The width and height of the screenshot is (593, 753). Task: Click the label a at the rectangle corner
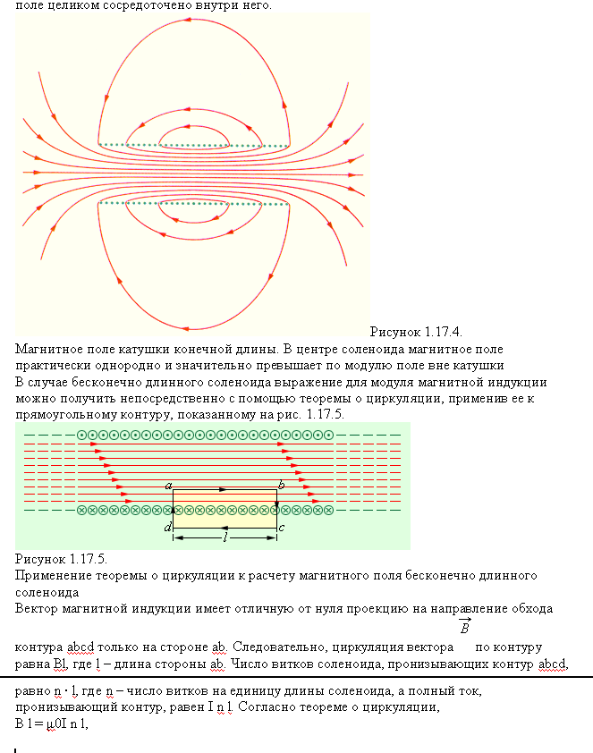[x=168, y=485]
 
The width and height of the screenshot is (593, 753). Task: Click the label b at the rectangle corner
[x=281, y=485]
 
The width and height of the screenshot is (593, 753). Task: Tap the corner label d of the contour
[x=167, y=529]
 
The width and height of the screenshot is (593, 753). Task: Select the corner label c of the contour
[x=282, y=529]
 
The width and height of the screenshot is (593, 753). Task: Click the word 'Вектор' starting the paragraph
[x=37, y=608]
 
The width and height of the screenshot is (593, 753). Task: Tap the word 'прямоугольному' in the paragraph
[x=69, y=415]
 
